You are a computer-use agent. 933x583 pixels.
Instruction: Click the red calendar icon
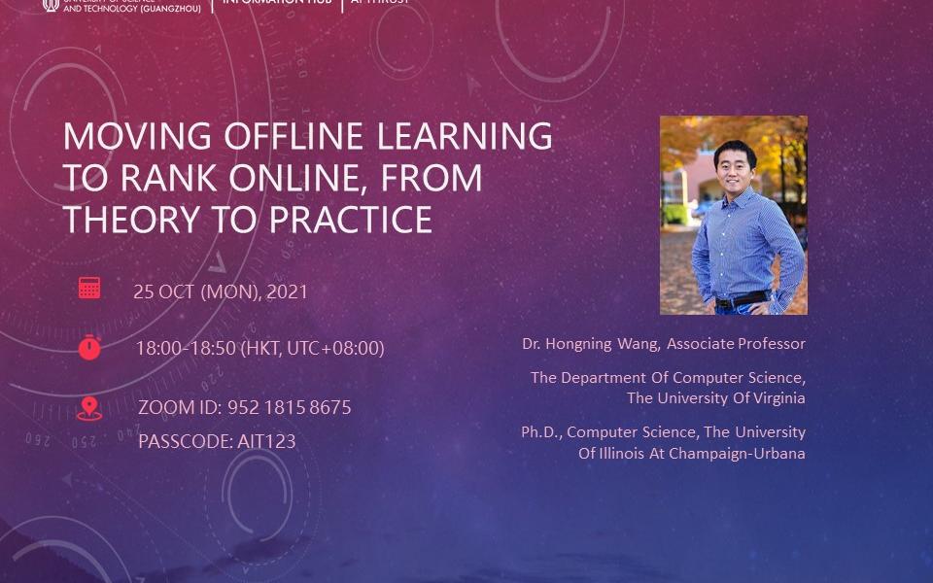pyautogui.click(x=89, y=288)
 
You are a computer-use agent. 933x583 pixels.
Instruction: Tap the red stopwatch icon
pyautogui.click(x=89, y=347)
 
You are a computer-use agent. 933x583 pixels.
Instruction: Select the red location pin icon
pyautogui.click(x=88, y=408)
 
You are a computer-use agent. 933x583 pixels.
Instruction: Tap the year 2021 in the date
pyautogui.click(x=287, y=291)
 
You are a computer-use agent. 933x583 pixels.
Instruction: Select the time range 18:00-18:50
pyautogui.click(x=185, y=348)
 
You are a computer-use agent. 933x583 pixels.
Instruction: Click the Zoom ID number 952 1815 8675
pyautogui.click(x=289, y=407)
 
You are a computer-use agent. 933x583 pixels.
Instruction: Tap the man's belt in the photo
pyautogui.click(x=741, y=299)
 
